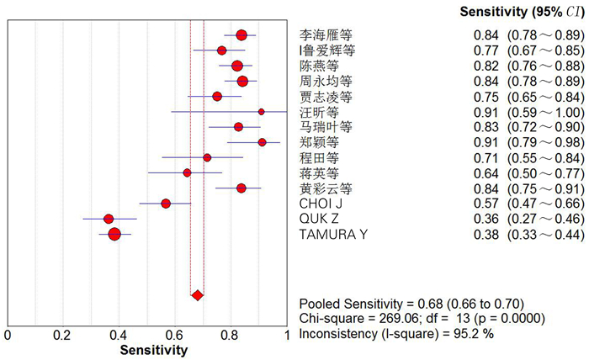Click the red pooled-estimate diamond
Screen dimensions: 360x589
pyautogui.click(x=197, y=295)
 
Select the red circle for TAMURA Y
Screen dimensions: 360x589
pyautogui.click(x=114, y=234)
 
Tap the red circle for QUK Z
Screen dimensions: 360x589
pyautogui.click(x=109, y=219)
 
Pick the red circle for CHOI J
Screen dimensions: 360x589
pyautogui.click(x=166, y=204)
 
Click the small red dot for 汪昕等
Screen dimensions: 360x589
pyautogui.click(x=261, y=111)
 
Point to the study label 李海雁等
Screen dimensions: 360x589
pyautogui.click(x=326, y=35)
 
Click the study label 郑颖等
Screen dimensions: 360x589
pyautogui.click(x=320, y=142)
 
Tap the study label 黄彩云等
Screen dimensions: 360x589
pyautogui.click(x=326, y=188)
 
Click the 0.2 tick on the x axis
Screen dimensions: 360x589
pyautogui.click(x=63, y=336)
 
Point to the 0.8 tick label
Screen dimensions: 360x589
pyautogui.click(x=231, y=336)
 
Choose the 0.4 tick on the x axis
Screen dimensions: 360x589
pyautogui.click(x=119, y=336)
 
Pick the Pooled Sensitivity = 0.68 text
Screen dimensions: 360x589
pyautogui.click(x=412, y=304)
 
